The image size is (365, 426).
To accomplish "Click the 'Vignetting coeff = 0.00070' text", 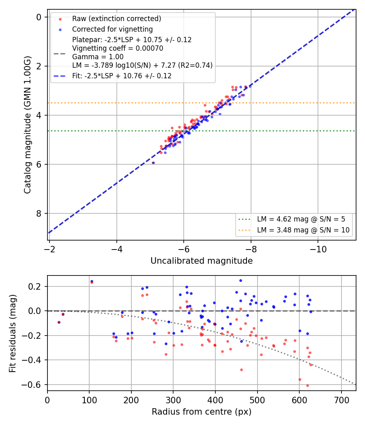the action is click(x=118, y=48).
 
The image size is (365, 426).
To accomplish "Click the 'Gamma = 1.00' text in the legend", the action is click(x=98, y=57).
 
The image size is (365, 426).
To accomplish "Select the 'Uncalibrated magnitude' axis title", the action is click(x=202, y=261).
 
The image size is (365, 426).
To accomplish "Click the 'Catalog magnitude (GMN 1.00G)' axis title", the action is click(x=28, y=125).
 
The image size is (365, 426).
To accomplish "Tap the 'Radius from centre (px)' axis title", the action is click(x=202, y=412).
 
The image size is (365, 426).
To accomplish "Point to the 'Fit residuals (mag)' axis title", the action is click(x=13, y=333).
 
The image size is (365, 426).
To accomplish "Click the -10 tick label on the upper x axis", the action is click(x=318, y=249).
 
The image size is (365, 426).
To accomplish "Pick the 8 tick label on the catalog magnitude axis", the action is click(x=39, y=213).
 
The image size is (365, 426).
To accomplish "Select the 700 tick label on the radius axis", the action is click(x=341, y=400).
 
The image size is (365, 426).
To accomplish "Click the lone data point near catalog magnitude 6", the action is click(x=153, y=163).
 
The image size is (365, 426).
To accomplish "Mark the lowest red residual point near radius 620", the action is click(x=307, y=385).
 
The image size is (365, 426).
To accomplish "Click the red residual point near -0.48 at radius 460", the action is click(x=241, y=370).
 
